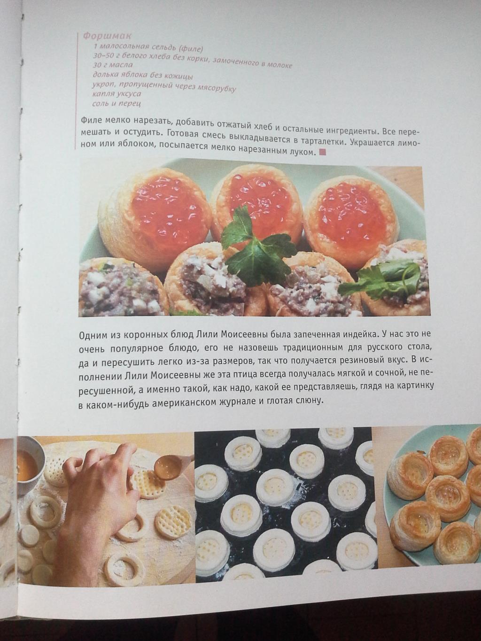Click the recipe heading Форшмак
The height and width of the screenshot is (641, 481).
pos(107,36)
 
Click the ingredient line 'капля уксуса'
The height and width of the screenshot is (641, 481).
pos(116,94)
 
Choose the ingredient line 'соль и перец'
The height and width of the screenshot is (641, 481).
pos(116,103)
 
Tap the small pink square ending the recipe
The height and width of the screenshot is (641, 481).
pos(322,152)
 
